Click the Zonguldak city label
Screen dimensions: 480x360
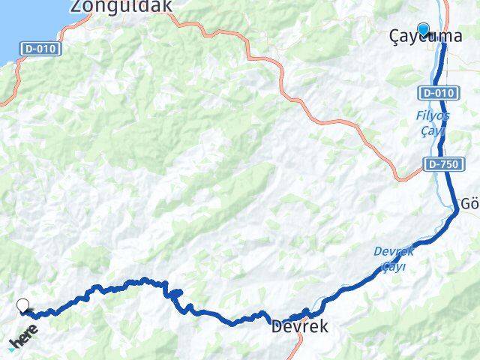[121, 6]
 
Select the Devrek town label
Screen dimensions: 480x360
[299, 327]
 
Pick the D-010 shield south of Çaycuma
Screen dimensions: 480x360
[436, 93]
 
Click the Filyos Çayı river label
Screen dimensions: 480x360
[433, 124]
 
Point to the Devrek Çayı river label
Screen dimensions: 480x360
[389, 259]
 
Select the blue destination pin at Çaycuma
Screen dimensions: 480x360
[424, 29]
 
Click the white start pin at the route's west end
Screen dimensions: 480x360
[23, 305]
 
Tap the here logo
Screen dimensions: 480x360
[23, 337]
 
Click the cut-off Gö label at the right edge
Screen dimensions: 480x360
[469, 204]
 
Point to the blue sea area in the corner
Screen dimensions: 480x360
[10, 26]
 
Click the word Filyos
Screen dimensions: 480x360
[433, 116]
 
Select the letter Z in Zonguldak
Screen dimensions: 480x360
[76, 6]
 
